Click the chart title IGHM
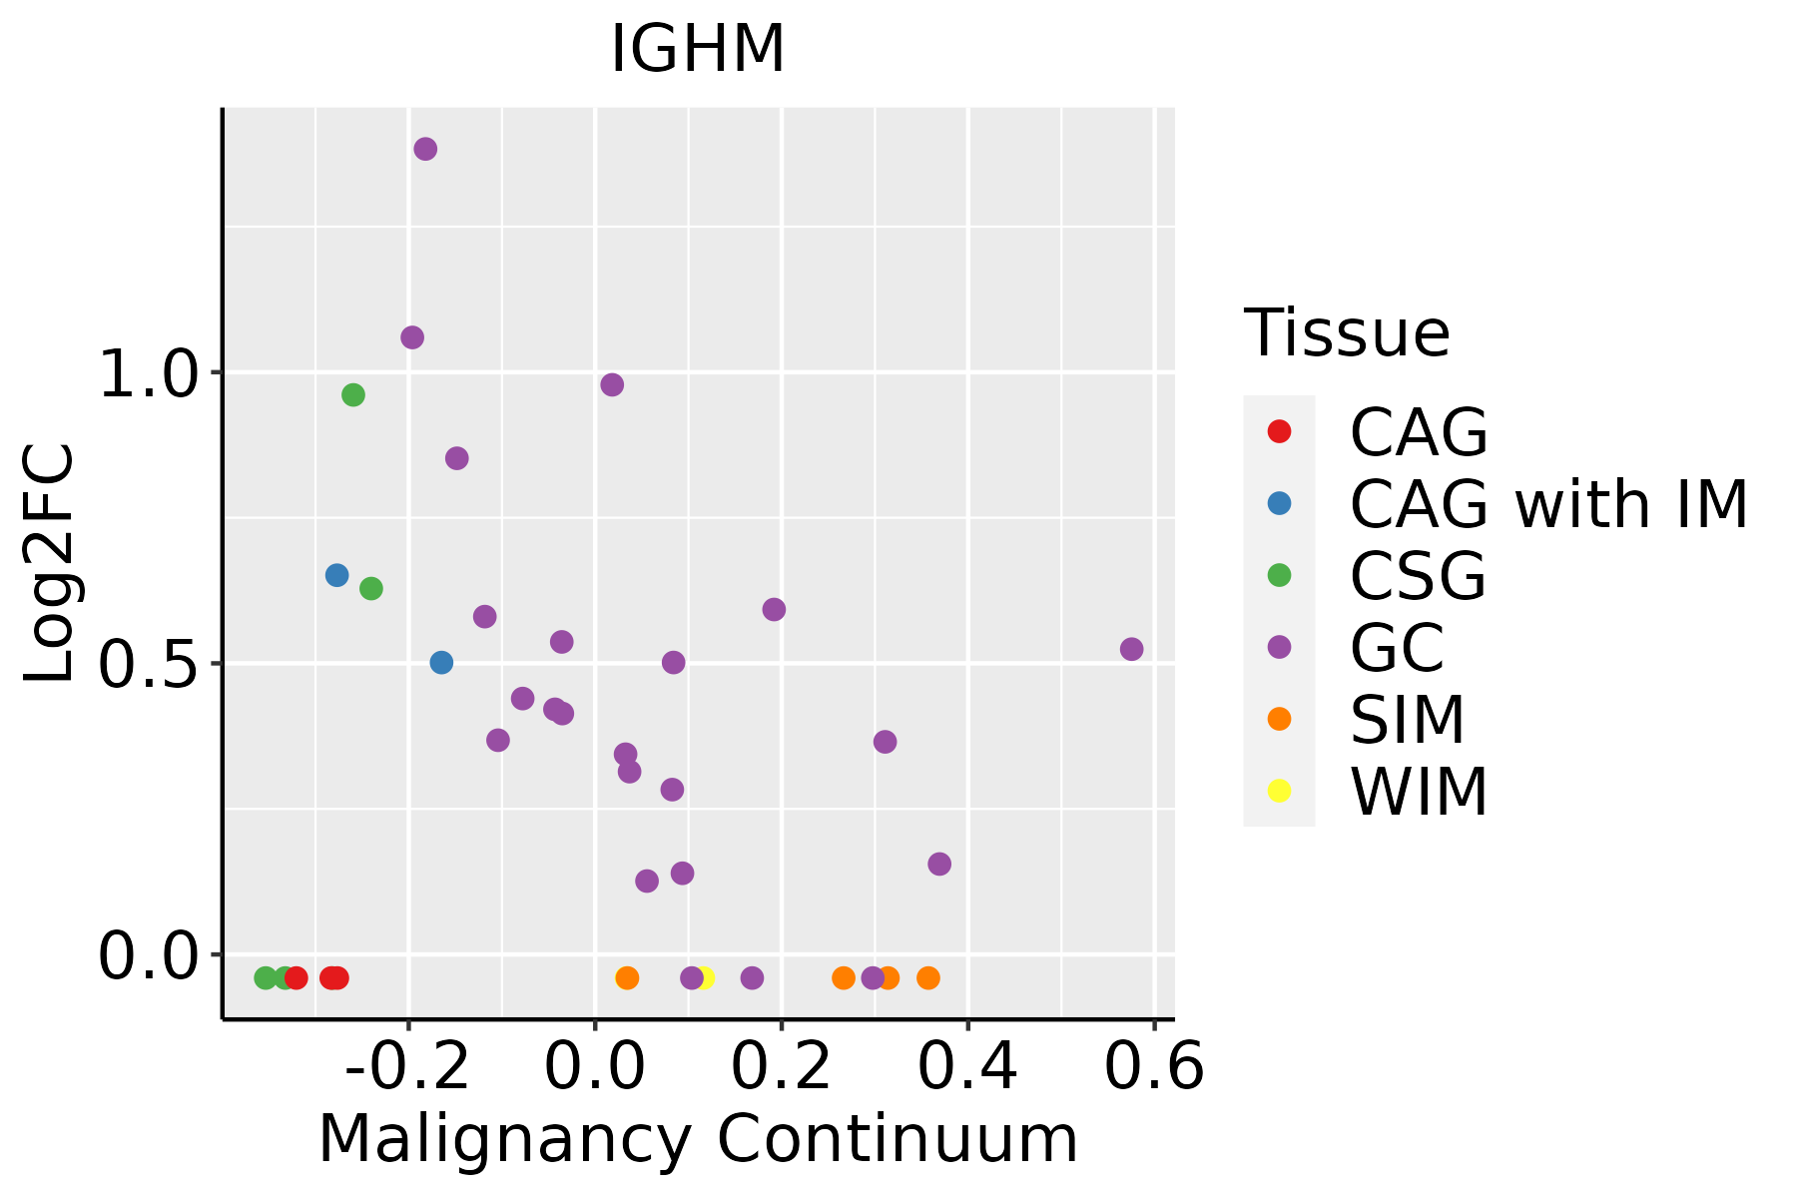(x=698, y=50)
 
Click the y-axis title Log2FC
(x=50, y=564)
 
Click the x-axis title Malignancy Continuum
(x=698, y=1139)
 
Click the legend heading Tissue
(x=1347, y=333)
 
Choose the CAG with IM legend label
(x=1548, y=504)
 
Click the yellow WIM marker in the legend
(x=1279, y=791)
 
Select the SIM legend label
(x=1408, y=719)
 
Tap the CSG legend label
(x=1418, y=576)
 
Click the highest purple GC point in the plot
(x=425, y=149)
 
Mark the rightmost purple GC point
(x=1131, y=649)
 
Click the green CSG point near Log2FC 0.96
(x=353, y=395)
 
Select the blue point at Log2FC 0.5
(x=441, y=663)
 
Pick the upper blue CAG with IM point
(x=336, y=575)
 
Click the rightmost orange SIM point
(x=928, y=977)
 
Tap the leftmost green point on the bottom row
(x=266, y=977)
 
